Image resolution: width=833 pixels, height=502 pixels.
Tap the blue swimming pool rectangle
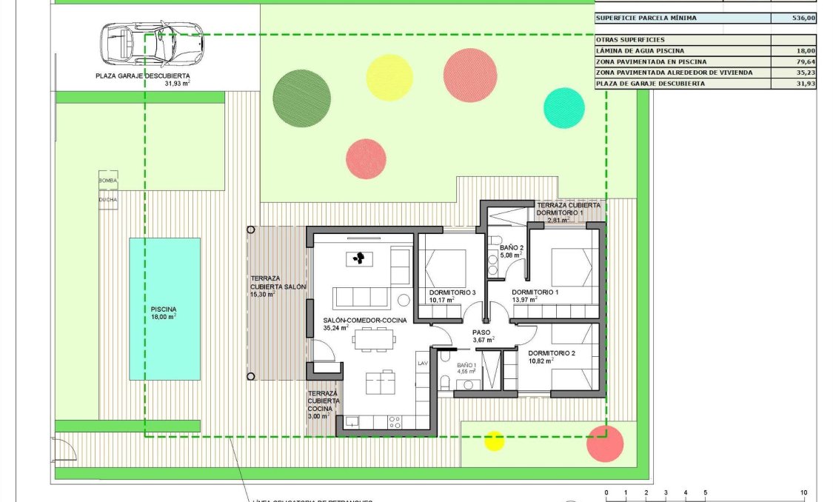pyautogui.click(x=164, y=309)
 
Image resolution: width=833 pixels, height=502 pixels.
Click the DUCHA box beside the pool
pyautogui.click(x=108, y=199)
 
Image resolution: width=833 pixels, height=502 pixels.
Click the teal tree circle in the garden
pyautogui.click(x=564, y=108)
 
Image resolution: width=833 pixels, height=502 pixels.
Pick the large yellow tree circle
pyautogui.click(x=389, y=77)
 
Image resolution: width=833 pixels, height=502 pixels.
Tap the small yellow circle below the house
pyautogui.click(x=494, y=441)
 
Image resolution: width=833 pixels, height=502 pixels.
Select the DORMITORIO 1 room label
pyautogui.click(x=535, y=293)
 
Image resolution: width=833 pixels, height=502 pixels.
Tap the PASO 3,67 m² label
pyautogui.click(x=482, y=335)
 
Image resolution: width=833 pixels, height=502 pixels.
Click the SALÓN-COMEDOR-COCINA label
pyautogui.click(x=364, y=321)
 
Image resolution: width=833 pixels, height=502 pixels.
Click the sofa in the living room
pyautogui.click(x=361, y=298)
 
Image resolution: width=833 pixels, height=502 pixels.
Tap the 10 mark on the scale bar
pyautogui.click(x=803, y=492)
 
